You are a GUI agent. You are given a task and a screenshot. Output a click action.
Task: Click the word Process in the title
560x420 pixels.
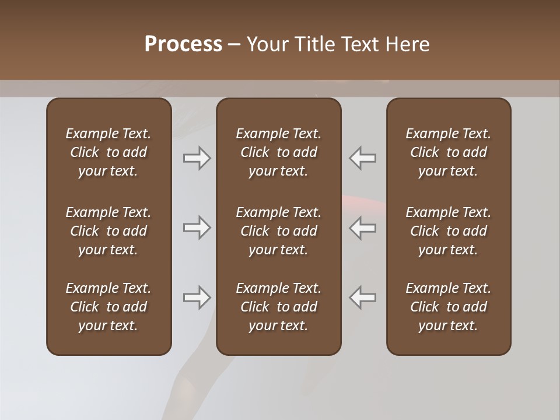pos(183,44)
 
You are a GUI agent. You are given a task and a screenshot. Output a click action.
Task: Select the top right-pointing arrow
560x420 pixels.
pos(197,158)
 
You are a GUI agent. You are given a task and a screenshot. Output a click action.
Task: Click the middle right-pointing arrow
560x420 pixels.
pos(197,228)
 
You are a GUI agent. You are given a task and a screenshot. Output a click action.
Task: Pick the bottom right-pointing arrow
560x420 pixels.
pos(197,297)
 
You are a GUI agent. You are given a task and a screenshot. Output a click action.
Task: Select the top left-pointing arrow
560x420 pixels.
pos(363,158)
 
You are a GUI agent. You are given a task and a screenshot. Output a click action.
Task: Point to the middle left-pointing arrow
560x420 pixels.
pos(363,228)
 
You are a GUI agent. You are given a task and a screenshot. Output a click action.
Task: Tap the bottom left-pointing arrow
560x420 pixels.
pos(363,297)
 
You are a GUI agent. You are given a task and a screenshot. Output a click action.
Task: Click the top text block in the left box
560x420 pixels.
pos(108,152)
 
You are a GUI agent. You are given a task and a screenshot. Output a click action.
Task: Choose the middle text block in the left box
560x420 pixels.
pos(108,231)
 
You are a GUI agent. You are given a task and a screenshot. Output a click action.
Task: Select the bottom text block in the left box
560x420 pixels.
pos(108,307)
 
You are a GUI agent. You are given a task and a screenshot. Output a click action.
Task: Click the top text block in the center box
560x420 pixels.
pos(279,152)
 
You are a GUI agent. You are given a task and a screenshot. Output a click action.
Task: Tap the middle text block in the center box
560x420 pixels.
pos(279,231)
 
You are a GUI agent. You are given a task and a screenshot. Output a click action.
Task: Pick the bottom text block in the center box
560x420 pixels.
pos(279,307)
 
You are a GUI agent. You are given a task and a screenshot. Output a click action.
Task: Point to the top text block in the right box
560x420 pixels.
pos(449,152)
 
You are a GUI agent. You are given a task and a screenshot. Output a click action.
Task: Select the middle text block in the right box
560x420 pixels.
pos(449,231)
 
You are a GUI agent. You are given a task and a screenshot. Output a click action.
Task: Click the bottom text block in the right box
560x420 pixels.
pos(449,307)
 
